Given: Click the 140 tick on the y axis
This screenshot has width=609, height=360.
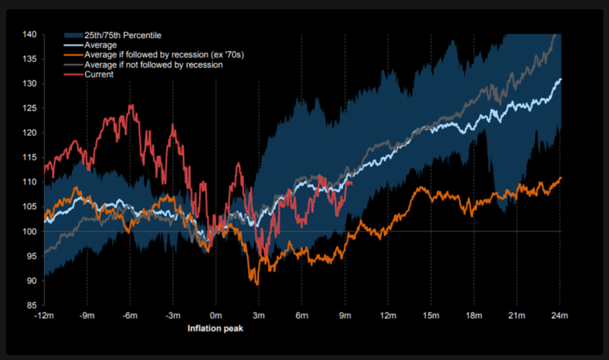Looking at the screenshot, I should (x=29, y=35).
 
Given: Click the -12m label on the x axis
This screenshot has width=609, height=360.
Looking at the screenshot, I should (x=44, y=315).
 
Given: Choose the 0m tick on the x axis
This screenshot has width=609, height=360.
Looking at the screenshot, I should (x=216, y=315).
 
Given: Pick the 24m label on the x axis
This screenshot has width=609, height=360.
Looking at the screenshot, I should (x=560, y=315).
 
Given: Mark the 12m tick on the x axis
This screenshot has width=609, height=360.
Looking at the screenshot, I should (x=388, y=315).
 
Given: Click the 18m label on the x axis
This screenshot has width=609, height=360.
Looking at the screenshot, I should (x=474, y=315).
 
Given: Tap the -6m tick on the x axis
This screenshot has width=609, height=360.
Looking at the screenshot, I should (x=130, y=315).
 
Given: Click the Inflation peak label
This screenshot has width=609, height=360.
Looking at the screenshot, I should (x=215, y=329).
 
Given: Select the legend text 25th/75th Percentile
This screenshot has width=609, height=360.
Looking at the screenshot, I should (x=123, y=36).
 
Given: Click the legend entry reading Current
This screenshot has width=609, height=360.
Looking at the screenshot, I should (x=99, y=75).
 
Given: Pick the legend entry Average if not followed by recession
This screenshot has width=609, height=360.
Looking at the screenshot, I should (x=153, y=65).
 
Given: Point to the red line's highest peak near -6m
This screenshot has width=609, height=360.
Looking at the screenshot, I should (x=131, y=104).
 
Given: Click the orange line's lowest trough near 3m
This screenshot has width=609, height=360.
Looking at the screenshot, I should (x=257, y=284).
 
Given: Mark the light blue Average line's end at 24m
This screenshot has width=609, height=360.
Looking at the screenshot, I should (x=560, y=79).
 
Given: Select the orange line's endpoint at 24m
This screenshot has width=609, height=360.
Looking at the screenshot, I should (x=560, y=178).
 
